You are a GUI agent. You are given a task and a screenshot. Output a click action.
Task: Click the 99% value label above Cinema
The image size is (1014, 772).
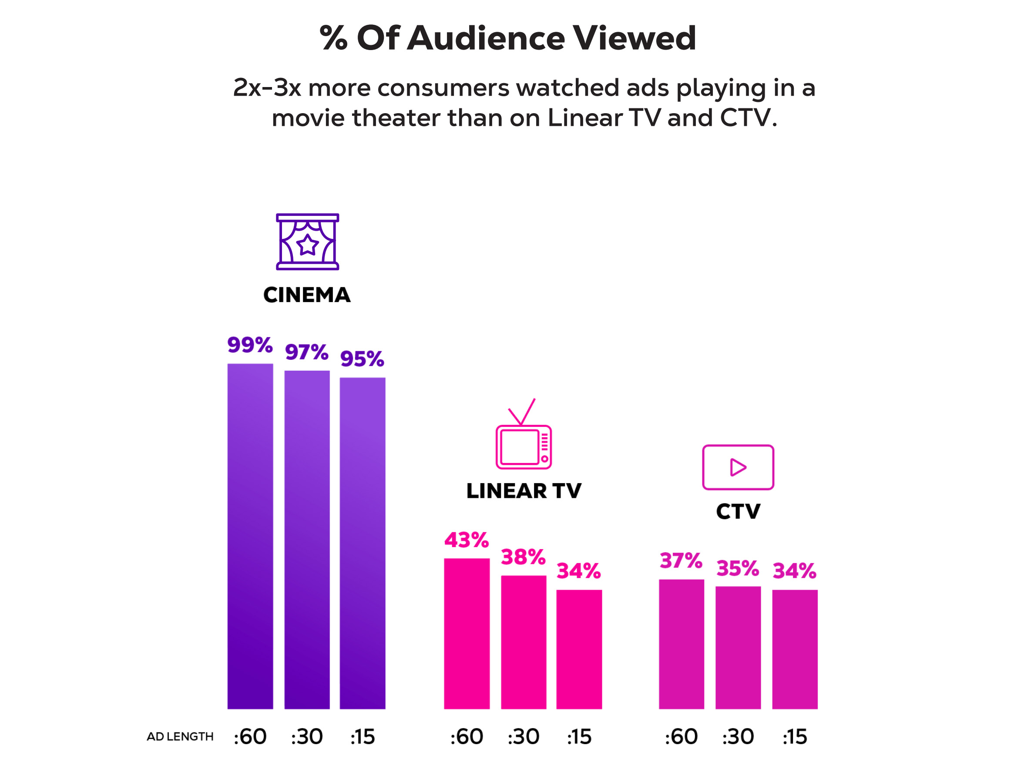coord(250,345)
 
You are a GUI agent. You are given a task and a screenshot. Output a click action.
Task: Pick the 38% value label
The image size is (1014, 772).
coord(523,557)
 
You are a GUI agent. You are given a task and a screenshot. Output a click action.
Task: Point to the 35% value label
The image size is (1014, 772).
coord(738,568)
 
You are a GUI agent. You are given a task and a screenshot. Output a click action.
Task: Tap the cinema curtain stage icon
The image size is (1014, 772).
coord(307,242)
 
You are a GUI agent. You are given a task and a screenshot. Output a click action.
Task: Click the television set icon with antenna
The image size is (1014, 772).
coord(523,434)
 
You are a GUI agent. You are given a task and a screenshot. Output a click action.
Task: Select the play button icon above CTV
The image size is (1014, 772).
coord(738,467)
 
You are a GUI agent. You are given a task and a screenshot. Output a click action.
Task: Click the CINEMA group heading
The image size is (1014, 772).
coord(307,295)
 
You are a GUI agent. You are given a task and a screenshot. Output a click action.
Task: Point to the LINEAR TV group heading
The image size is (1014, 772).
coord(524,491)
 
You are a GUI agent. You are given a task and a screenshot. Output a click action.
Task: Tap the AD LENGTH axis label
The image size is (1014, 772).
coord(180,737)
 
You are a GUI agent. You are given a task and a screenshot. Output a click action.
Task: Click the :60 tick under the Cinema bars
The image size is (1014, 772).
coord(250,737)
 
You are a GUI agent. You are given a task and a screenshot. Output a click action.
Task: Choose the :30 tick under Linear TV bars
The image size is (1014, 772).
coord(523,737)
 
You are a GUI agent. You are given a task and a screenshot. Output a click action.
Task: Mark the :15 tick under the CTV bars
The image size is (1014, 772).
coord(795,737)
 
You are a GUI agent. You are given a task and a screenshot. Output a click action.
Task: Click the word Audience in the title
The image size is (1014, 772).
coord(486,38)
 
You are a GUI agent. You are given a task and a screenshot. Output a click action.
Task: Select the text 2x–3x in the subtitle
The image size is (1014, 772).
coord(267,87)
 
